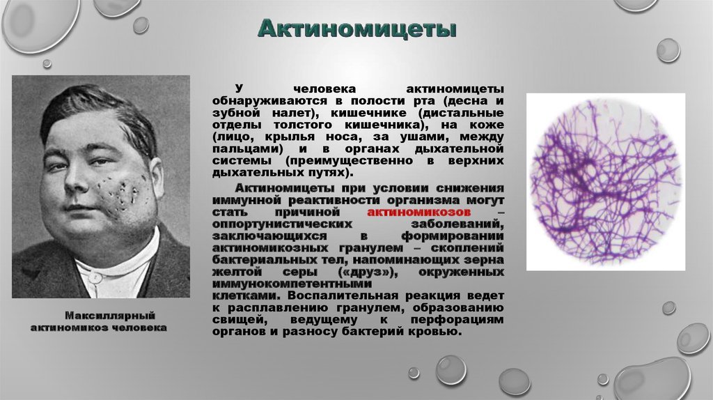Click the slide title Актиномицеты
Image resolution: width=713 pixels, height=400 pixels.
click(x=356, y=29)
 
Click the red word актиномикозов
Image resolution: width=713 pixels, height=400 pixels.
click(x=418, y=213)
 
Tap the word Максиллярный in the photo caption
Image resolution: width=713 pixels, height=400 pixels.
click(x=110, y=316)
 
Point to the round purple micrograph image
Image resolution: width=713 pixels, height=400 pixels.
click(x=606, y=183)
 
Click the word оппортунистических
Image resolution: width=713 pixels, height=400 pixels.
click(x=282, y=224)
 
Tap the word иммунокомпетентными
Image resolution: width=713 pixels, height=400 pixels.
click(x=292, y=284)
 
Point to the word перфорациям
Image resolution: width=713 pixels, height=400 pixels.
click(x=457, y=319)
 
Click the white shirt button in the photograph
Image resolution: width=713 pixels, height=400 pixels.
click(x=95, y=277)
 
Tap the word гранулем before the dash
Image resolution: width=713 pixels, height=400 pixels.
click(x=371, y=248)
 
